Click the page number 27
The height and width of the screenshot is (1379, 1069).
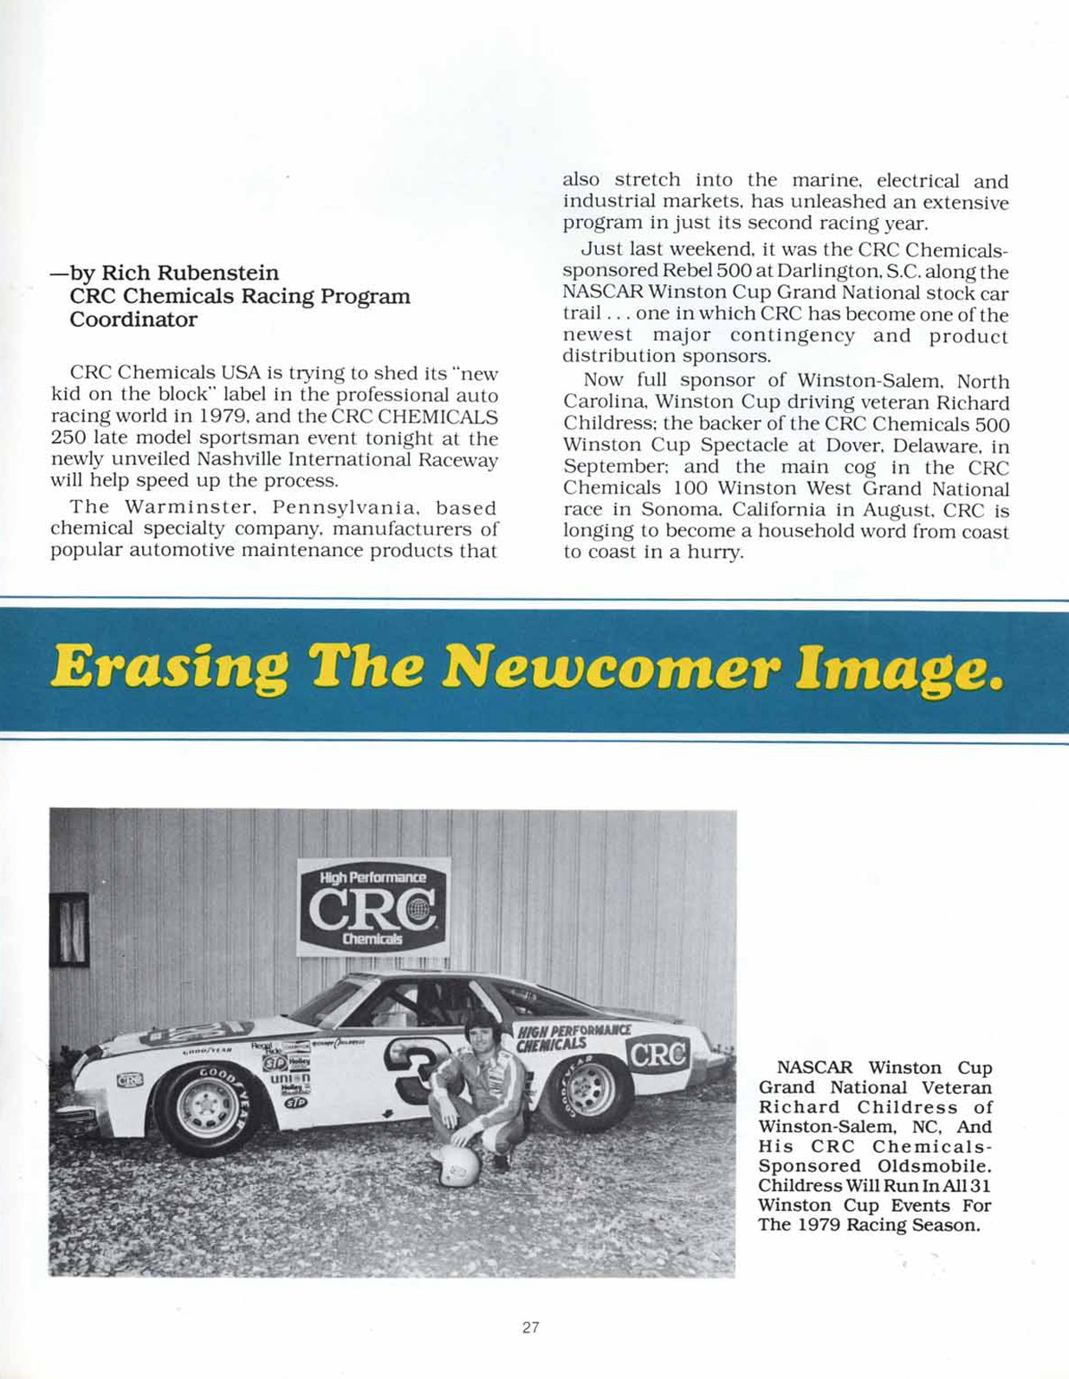click(x=531, y=1327)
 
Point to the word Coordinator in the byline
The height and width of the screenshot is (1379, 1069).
click(x=133, y=320)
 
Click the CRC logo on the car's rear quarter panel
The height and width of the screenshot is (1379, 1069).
click(x=658, y=1053)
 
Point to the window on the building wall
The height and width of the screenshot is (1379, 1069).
click(x=69, y=929)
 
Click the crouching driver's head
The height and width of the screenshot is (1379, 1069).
click(x=478, y=1031)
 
